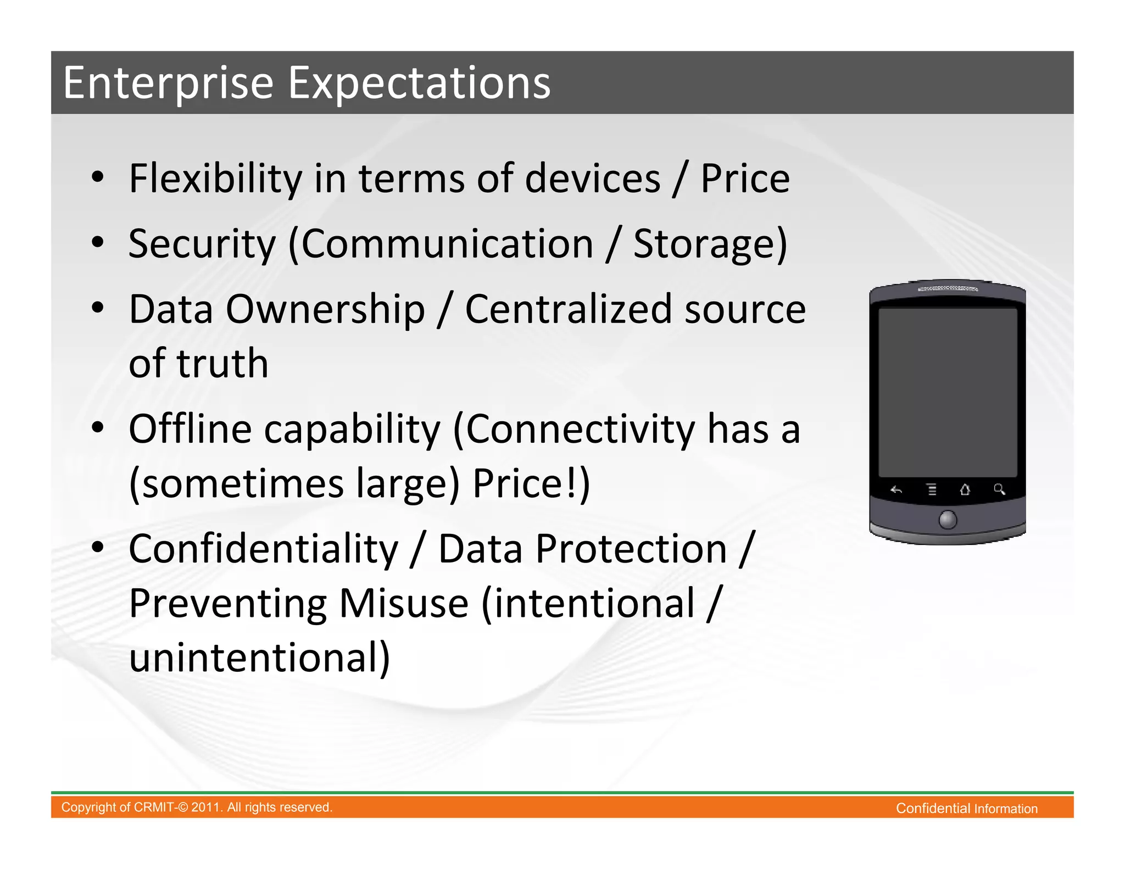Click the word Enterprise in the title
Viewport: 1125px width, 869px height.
pyautogui.click(x=168, y=83)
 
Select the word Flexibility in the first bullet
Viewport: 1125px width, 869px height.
pyautogui.click(x=215, y=179)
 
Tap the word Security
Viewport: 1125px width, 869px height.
pyautogui.click(x=202, y=244)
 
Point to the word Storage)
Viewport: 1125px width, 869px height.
pyautogui.click(x=710, y=244)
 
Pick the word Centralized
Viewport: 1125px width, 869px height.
pyautogui.click(x=568, y=309)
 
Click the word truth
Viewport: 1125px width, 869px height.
pyautogui.click(x=222, y=364)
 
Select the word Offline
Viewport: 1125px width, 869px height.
pyautogui.click(x=190, y=429)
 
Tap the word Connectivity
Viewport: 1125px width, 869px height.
pyautogui.click(x=580, y=429)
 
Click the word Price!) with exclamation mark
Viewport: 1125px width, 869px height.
pyautogui.click(x=531, y=484)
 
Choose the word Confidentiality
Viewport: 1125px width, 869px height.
pyautogui.click(x=264, y=549)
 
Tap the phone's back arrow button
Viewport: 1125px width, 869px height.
pyautogui.click(x=896, y=490)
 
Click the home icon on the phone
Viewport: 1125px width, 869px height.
pyautogui.click(x=965, y=489)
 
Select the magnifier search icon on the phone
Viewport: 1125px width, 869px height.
pyautogui.click(x=999, y=489)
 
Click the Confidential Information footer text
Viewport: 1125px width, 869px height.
pyautogui.click(x=966, y=809)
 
